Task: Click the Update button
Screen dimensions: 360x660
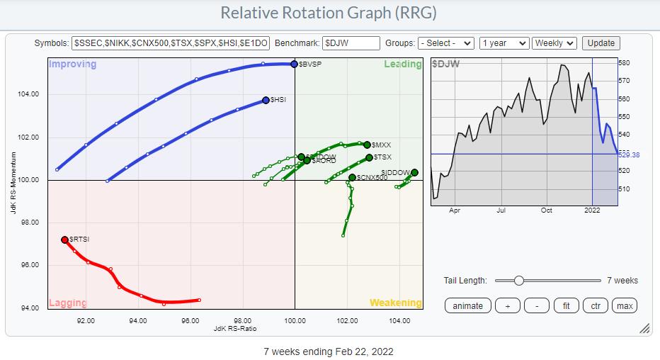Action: pyautogui.click(x=601, y=43)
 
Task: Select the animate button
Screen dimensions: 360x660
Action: pyautogui.click(x=468, y=305)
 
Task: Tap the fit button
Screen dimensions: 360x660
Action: pyautogui.click(x=565, y=305)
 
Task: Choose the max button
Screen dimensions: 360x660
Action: pyautogui.click(x=625, y=305)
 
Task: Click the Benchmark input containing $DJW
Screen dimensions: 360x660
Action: pyautogui.click(x=351, y=43)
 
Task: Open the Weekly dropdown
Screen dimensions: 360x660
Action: pyautogui.click(x=554, y=43)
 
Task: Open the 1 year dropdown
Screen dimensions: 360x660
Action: pyautogui.click(x=503, y=43)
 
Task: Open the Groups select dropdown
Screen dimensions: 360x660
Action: pyautogui.click(x=445, y=43)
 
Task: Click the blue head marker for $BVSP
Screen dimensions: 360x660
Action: pyautogui.click(x=294, y=64)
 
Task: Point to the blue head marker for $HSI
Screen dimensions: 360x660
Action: pyautogui.click(x=266, y=101)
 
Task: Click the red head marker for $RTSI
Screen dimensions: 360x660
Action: pyautogui.click(x=64, y=240)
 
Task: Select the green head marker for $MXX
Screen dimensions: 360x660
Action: pyautogui.click(x=367, y=145)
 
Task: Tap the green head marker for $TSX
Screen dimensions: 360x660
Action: pyautogui.click(x=369, y=157)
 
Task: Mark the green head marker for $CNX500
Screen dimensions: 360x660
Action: pyautogui.click(x=352, y=177)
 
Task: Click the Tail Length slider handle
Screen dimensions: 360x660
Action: pyautogui.click(x=519, y=281)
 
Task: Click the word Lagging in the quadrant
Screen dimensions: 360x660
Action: pyautogui.click(x=67, y=303)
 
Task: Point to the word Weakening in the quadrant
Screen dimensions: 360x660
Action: pyautogui.click(x=395, y=303)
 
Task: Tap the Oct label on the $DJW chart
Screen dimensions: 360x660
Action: pyautogui.click(x=546, y=210)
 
